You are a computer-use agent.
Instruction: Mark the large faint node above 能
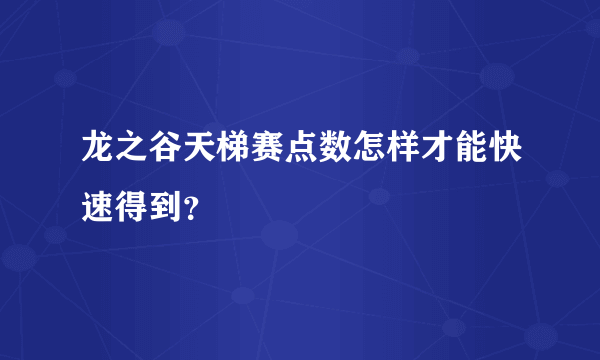click(497, 76)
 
